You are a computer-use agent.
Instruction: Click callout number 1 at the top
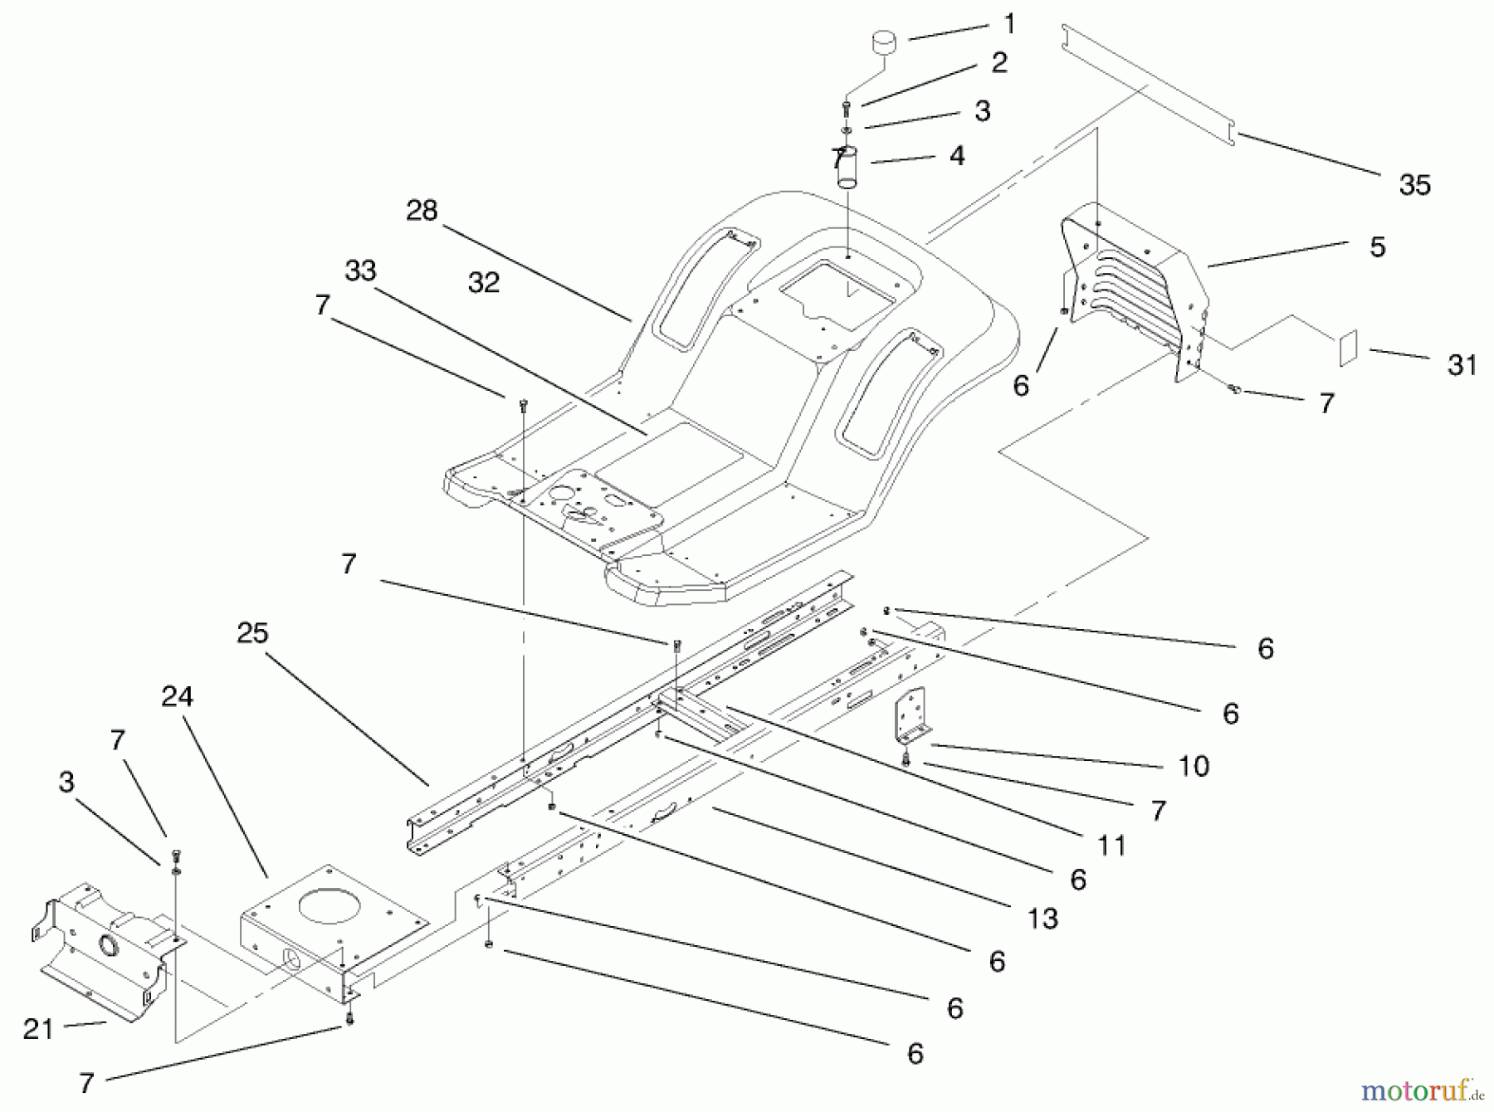click(1009, 24)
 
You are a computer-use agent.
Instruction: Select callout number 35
click(1414, 184)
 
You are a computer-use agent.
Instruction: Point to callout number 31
click(1462, 364)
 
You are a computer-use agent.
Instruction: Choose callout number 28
click(422, 210)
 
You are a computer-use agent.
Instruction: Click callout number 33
click(360, 271)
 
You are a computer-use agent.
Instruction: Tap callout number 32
click(484, 282)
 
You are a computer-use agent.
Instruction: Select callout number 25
click(252, 632)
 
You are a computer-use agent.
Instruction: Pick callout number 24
click(177, 695)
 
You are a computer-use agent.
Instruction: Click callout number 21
click(38, 1029)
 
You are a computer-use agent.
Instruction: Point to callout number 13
click(1042, 918)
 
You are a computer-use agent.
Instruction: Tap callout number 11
click(1111, 845)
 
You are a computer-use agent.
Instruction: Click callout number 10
click(1194, 765)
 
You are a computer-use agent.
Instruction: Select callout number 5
click(1378, 246)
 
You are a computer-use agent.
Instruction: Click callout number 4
click(957, 155)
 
